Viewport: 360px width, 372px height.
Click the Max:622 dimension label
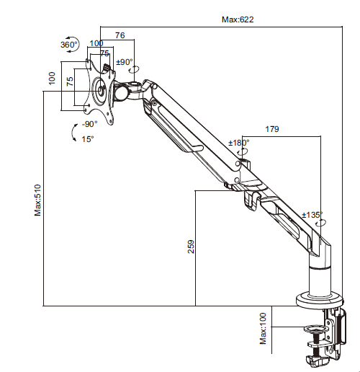(238, 19)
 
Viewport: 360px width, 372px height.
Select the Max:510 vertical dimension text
(38, 200)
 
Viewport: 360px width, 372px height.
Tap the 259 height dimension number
(191, 247)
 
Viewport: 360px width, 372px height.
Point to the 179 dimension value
(272, 129)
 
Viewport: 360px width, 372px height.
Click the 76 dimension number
(120, 35)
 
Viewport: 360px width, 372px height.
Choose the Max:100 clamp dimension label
(264, 328)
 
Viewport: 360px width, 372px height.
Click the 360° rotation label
(69, 45)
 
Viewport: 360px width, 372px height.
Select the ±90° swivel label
(125, 62)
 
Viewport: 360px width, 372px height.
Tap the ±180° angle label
(239, 143)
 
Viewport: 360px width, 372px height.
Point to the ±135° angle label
(312, 215)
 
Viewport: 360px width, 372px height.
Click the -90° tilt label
(89, 124)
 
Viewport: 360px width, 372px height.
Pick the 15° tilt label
(88, 139)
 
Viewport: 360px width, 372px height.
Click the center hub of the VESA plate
(100, 91)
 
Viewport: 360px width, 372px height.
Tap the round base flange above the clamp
(320, 300)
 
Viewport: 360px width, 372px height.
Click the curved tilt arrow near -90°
(74, 132)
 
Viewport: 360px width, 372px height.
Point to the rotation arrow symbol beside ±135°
(321, 223)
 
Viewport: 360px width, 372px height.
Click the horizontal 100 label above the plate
(96, 43)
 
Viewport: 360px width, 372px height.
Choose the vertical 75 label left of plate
(70, 81)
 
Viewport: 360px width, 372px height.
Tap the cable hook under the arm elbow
(252, 200)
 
